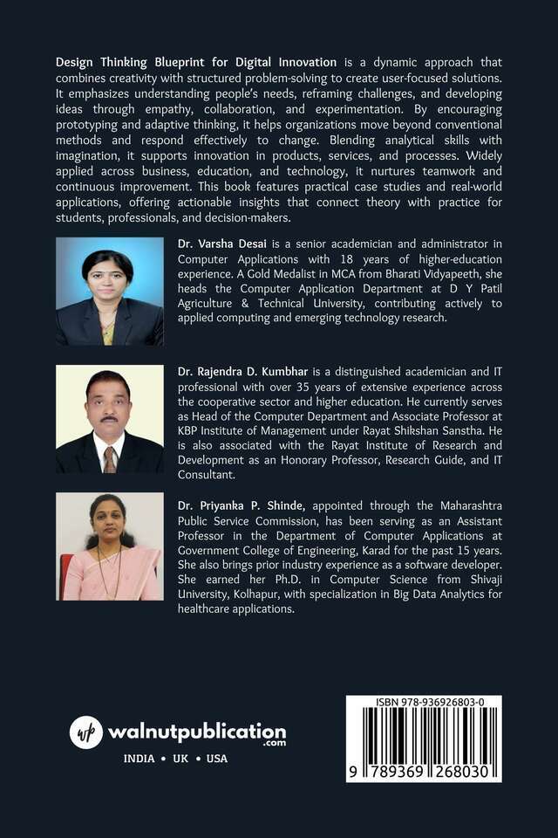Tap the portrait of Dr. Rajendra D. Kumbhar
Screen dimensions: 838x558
pos(109,419)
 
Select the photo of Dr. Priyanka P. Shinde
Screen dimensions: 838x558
pos(109,546)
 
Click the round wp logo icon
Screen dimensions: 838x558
pos(85,731)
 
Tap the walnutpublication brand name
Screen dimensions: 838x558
pos(196,730)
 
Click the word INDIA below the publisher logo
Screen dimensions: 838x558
pos(139,759)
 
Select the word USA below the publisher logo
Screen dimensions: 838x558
pos(216,759)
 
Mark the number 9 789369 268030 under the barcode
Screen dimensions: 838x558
pos(424,772)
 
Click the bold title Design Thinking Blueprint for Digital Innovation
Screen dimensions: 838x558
pos(195,62)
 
